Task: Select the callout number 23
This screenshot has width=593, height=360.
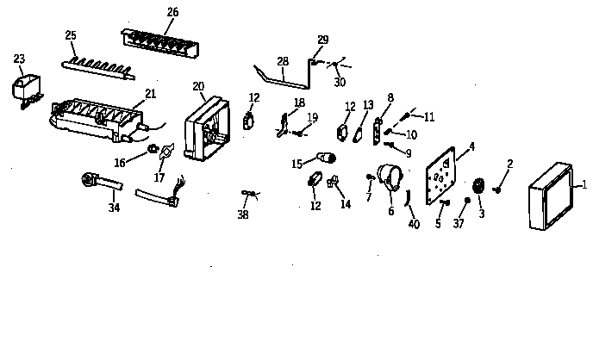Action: click(x=19, y=59)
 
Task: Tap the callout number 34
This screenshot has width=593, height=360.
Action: click(x=114, y=208)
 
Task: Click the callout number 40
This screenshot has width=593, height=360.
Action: click(x=414, y=225)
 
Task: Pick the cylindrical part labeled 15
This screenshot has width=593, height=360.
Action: click(x=327, y=158)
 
